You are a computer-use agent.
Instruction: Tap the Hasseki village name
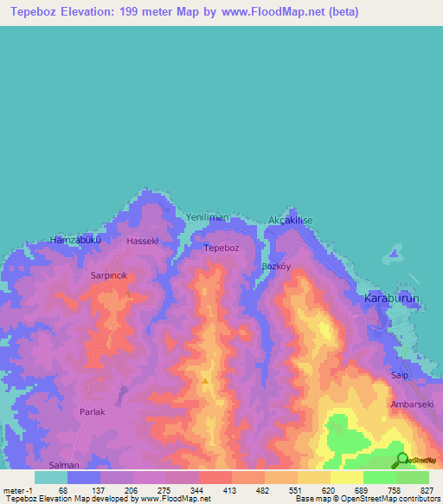143,241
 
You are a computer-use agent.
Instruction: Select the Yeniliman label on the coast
207,217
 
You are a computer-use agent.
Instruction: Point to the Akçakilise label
290,221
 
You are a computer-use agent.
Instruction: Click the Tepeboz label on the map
221,248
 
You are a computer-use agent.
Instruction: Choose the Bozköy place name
278,267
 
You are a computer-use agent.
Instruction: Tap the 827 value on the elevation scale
427,491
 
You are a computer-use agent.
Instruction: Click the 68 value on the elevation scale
63,491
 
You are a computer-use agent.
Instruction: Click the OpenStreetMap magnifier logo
403,460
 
